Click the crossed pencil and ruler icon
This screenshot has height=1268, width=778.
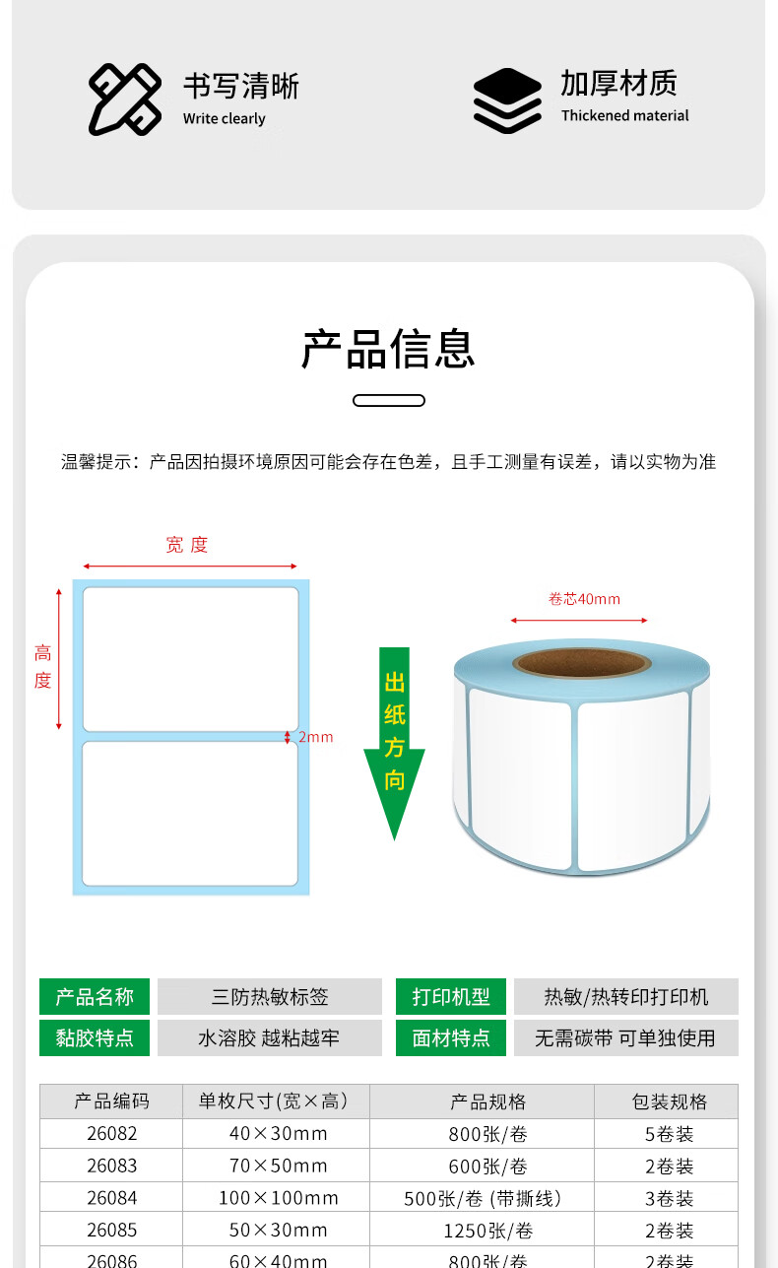pyautogui.click(x=125, y=100)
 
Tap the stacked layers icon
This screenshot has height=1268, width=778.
pyautogui.click(x=507, y=100)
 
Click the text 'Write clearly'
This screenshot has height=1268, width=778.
pyautogui.click(x=225, y=119)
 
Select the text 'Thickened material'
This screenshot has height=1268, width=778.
pyautogui.click(x=624, y=115)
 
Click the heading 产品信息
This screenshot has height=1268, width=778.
pyautogui.click(x=388, y=349)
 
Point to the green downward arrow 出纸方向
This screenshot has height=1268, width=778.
pyautogui.click(x=394, y=742)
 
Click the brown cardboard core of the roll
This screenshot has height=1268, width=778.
pyautogui.click(x=582, y=662)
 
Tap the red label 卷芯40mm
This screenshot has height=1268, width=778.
pyautogui.click(x=584, y=599)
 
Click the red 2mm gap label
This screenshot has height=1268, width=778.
pyautogui.click(x=316, y=737)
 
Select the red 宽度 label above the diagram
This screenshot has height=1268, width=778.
pyautogui.click(x=187, y=545)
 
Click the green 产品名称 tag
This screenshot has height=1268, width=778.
pyautogui.click(x=95, y=996)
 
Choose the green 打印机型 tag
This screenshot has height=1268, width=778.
pyautogui.click(x=451, y=996)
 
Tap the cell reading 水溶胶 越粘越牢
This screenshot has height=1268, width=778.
pyautogui.click(x=269, y=1037)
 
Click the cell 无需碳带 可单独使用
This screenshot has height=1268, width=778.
pyautogui.click(x=625, y=1037)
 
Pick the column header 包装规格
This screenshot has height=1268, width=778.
pyautogui.click(x=669, y=1101)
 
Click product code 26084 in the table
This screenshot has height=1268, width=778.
pyautogui.click(x=112, y=1198)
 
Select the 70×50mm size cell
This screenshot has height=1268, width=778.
pyautogui.click(x=279, y=1166)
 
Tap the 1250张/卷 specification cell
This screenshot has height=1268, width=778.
pyautogui.click(x=487, y=1231)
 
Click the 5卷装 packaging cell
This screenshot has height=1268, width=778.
pyautogui.click(x=669, y=1134)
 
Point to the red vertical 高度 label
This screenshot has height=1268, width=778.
pyautogui.click(x=42, y=666)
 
